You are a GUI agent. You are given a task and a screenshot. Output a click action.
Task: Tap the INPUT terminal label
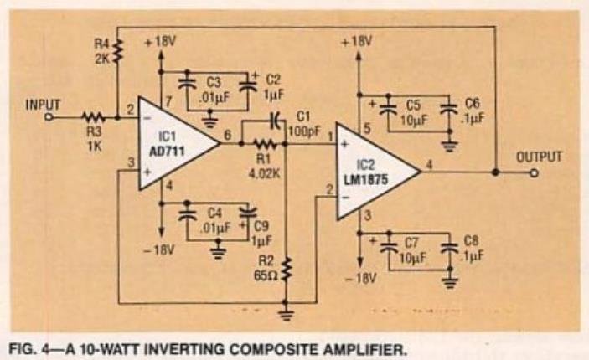[43, 105]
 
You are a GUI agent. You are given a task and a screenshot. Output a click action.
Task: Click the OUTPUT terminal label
[539, 156]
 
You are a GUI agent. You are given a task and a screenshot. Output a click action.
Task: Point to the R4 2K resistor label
[101, 53]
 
